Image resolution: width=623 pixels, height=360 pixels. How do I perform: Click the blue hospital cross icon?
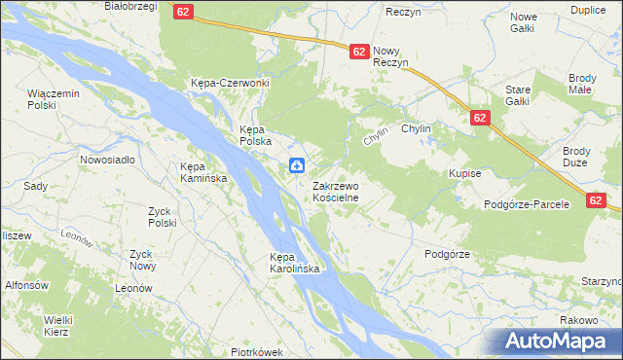[x=296, y=165]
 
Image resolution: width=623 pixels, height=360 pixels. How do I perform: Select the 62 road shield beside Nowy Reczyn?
[x=358, y=51]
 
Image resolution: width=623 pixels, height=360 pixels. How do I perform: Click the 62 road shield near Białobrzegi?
[x=185, y=12]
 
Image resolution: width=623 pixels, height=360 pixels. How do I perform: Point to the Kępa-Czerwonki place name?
[x=230, y=83]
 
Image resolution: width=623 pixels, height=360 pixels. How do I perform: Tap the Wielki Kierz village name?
[x=59, y=325]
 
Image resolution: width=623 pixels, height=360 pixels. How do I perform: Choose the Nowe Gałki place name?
[x=524, y=23]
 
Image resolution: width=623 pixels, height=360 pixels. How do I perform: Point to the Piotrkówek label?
[x=256, y=352]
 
